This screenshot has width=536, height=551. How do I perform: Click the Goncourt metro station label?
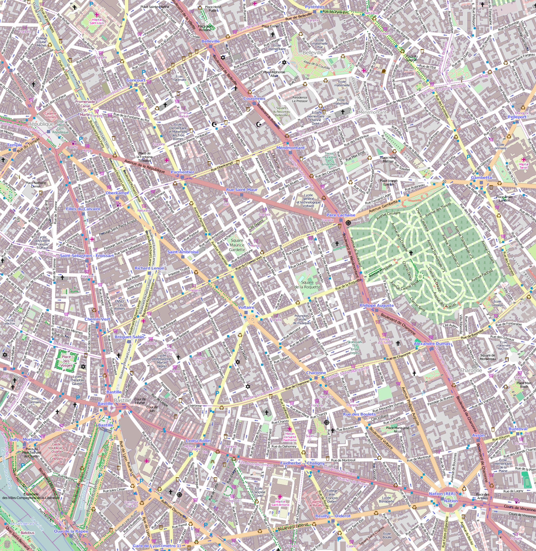pos(136,80)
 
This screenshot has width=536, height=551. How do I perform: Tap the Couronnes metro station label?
pos(254,99)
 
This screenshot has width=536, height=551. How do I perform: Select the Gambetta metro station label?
pos(481,178)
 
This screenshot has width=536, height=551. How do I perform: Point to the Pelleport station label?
pos(517,117)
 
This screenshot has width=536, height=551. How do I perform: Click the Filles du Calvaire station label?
pos(83,209)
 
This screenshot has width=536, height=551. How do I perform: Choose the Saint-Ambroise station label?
pos(183,252)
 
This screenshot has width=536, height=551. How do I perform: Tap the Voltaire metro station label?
pos(246,308)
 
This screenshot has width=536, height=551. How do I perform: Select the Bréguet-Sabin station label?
pos(129,337)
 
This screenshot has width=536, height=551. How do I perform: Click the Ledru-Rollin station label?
pos(198,441)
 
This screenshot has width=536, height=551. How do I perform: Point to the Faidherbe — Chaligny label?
pos(302,463)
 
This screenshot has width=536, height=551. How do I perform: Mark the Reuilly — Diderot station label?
pos(333,516)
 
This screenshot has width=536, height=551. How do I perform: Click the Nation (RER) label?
pos(442,494)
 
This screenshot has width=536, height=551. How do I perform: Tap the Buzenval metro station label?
pos(518,429)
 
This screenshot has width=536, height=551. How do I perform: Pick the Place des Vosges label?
pos(66,361)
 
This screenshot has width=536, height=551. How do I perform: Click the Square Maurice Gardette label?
pos(237,245)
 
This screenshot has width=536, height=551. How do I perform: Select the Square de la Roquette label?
pos(307,285)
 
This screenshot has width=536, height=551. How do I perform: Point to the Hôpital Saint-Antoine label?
pos(280,503)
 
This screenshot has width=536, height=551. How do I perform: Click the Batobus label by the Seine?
pos(27,533)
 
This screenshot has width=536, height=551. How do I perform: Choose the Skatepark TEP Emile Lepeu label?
pos(354,347)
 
